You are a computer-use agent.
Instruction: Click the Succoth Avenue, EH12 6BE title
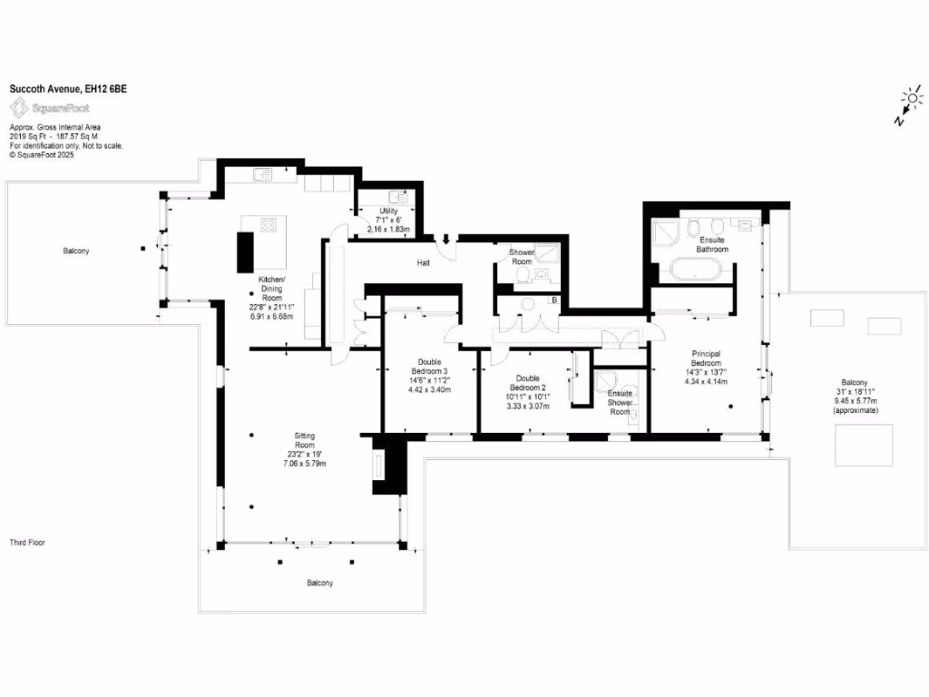pos(54,89)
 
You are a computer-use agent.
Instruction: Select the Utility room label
pos(388,211)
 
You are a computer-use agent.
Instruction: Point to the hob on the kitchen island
pos(269,223)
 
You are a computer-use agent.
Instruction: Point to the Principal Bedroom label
pos(705,358)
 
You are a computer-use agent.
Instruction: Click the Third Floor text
pos(27,543)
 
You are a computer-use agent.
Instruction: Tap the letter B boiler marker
pos(553,299)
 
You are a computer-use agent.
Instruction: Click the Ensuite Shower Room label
pos(621,402)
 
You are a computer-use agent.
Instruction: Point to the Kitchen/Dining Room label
pos(272,288)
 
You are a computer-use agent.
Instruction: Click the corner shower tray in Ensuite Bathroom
pos(666,231)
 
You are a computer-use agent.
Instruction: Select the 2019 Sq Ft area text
pos(32,136)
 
